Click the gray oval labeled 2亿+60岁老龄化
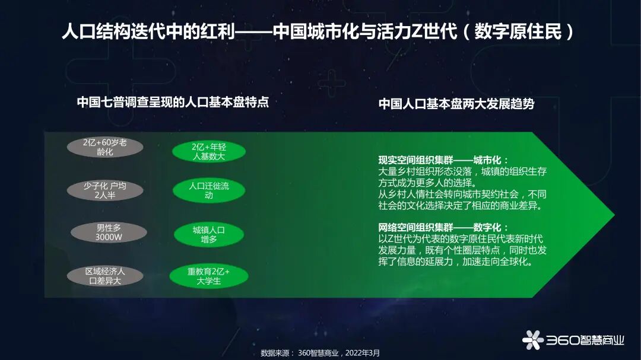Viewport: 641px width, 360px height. (x=104, y=147)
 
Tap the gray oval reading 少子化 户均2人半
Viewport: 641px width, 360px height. (x=104, y=190)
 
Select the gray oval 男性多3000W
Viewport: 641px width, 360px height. (x=109, y=232)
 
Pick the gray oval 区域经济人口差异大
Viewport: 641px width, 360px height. (x=105, y=276)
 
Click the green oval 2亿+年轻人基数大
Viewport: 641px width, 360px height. (x=209, y=151)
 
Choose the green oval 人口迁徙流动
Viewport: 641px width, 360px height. (x=209, y=190)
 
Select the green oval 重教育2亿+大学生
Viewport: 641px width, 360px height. (x=209, y=276)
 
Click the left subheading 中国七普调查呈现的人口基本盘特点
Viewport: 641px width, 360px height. (x=173, y=102)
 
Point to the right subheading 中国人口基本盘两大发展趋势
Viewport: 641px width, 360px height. (x=456, y=104)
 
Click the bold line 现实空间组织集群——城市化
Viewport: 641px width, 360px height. (x=440, y=160)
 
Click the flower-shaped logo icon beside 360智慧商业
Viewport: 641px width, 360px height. (x=532, y=339)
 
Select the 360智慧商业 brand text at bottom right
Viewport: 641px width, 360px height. (x=585, y=340)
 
